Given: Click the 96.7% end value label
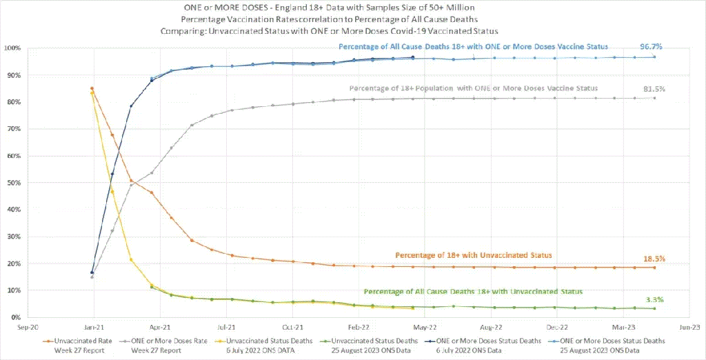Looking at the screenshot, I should click(652, 46).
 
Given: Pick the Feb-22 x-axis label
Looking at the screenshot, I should click(358, 328).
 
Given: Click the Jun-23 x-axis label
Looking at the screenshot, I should click(689, 328).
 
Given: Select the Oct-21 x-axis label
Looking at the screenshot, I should click(292, 328).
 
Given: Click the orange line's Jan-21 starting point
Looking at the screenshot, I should click(92, 88).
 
